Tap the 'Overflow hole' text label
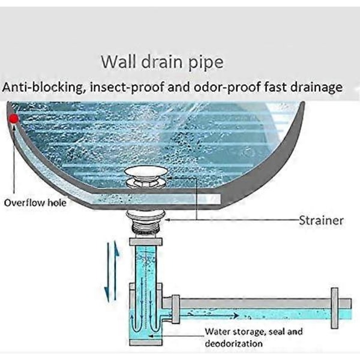pos(35,203)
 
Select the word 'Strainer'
pos(321,220)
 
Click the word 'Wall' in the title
pos(116,61)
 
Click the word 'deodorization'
pos(233,344)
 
